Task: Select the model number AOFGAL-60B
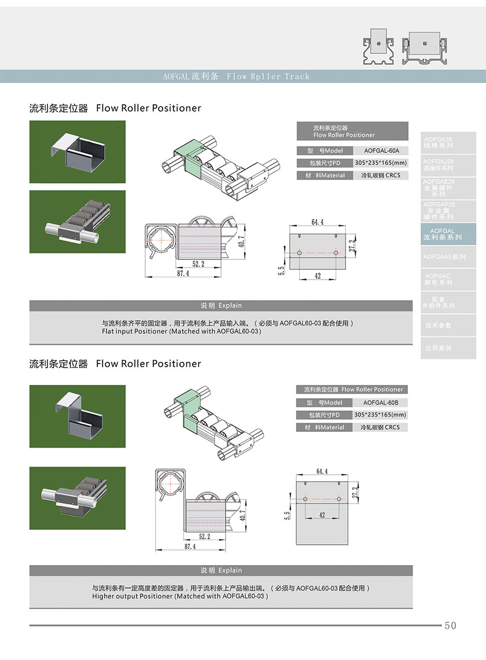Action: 381,403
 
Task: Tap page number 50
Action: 450,626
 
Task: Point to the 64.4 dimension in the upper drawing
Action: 317,222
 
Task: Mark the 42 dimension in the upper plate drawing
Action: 318,276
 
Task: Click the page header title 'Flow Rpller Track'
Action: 268,76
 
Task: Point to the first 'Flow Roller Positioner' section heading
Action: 149,108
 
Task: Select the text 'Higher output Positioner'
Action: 132,596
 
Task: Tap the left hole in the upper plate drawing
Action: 299,254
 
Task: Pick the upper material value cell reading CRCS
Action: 380,175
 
